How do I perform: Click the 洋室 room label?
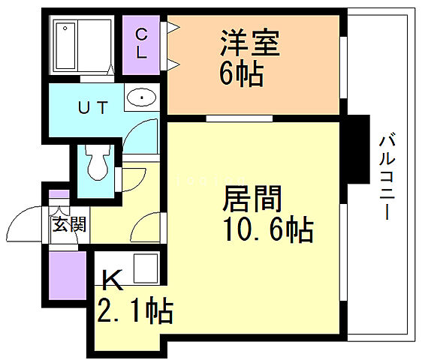pos(249,43)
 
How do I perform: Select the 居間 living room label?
pos(252,199)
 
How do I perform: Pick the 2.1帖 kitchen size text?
pos(135,309)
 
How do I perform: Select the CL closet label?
pos(142,43)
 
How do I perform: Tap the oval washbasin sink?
pos(141,98)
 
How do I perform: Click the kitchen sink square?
pos(144,268)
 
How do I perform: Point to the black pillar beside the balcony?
pos(359,151)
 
